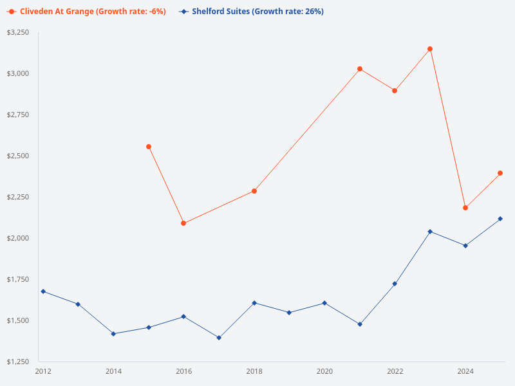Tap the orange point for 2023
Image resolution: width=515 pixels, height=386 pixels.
click(x=430, y=49)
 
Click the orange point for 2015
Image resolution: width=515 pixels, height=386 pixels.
click(x=149, y=147)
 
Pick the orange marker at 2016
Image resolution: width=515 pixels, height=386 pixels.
click(x=183, y=223)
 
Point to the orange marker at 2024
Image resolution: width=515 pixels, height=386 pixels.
click(x=465, y=208)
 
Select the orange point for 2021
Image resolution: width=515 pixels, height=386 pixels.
click(x=360, y=69)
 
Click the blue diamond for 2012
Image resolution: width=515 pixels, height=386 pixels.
click(x=43, y=291)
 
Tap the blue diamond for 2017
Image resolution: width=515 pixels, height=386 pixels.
click(x=219, y=338)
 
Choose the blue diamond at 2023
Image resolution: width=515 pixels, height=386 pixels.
click(x=430, y=232)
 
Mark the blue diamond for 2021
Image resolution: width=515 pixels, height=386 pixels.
click(x=360, y=324)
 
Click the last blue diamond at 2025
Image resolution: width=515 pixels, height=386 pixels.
click(x=500, y=219)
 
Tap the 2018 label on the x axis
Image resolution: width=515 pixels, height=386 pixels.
click(x=254, y=371)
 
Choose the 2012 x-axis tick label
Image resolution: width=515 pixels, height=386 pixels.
click(x=43, y=371)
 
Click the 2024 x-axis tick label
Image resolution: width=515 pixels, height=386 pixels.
click(x=465, y=371)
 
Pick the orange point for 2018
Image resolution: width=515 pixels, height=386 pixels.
click(x=254, y=191)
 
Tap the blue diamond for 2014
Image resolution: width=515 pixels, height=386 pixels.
click(x=113, y=334)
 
